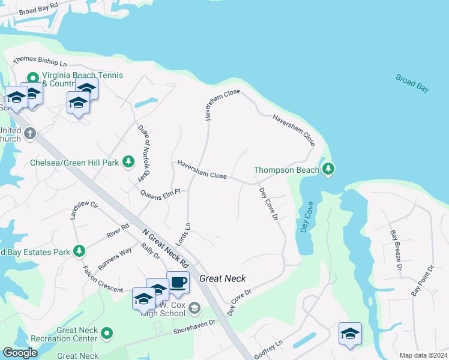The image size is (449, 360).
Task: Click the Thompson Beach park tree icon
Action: tap(328, 170)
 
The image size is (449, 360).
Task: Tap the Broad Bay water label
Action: tap(412, 83)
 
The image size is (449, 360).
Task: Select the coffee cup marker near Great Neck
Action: tap(178, 283)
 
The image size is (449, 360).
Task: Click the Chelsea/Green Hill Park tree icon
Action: tap(128, 162)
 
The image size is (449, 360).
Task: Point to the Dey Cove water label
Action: tap(307, 218)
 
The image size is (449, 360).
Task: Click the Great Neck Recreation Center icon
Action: tap(107, 332)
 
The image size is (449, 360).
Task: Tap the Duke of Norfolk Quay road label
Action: tap(143, 153)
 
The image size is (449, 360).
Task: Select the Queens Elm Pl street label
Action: tap(161, 194)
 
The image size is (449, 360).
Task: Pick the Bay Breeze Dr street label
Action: tap(394, 250)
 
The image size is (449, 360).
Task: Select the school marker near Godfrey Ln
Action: tap(350, 334)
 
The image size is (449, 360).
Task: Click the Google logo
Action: tap(20, 353)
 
